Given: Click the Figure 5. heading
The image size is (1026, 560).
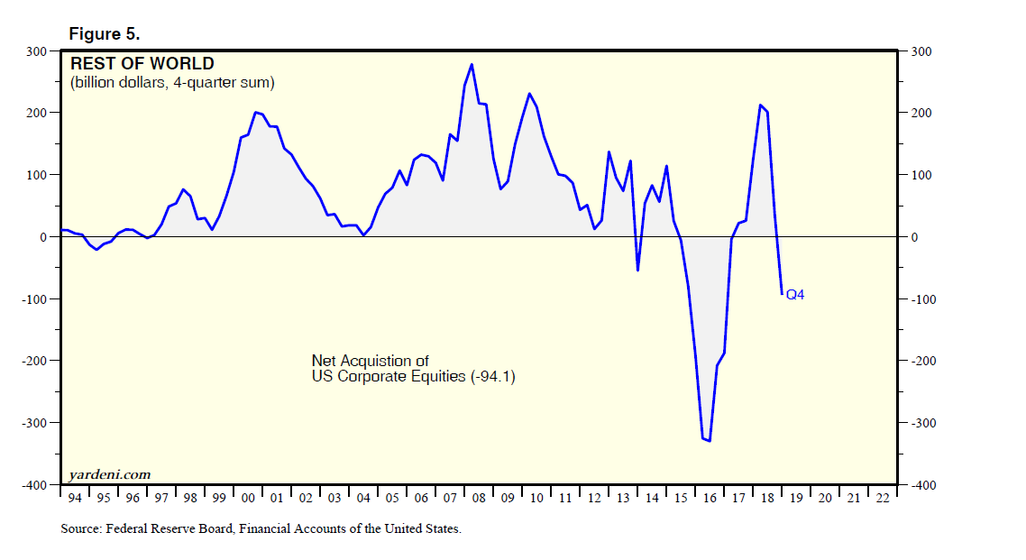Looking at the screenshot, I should click(x=105, y=34).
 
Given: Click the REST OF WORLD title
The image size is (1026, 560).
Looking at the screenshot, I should click(x=142, y=64).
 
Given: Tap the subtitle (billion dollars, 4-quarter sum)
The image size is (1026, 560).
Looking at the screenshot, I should click(x=172, y=83).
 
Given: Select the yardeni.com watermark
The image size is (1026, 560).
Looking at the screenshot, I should click(x=109, y=474).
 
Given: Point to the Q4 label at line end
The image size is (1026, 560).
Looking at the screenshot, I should click(x=795, y=294).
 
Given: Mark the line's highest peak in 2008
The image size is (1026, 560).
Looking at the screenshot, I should click(x=472, y=64).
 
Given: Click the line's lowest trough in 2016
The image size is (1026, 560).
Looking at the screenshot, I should click(x=710, y=441).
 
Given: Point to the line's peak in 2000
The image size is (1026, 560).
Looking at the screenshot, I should click(x=256, y=113).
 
